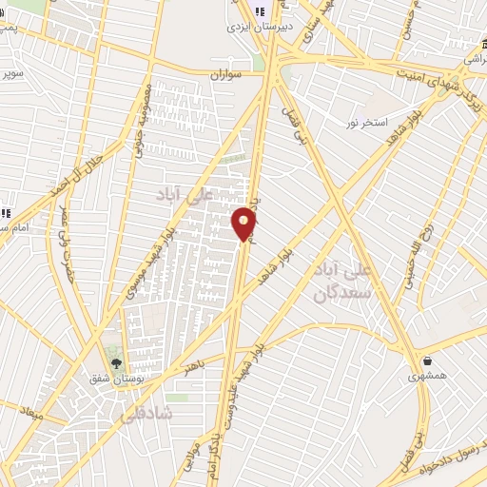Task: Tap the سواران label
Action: (228, 73)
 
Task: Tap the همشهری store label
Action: (426, 377)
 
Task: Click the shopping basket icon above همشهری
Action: (427, 361)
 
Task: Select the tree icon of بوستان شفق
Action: (117, 362)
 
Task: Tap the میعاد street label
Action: (31, 413)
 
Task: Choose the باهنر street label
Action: (194, 364)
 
